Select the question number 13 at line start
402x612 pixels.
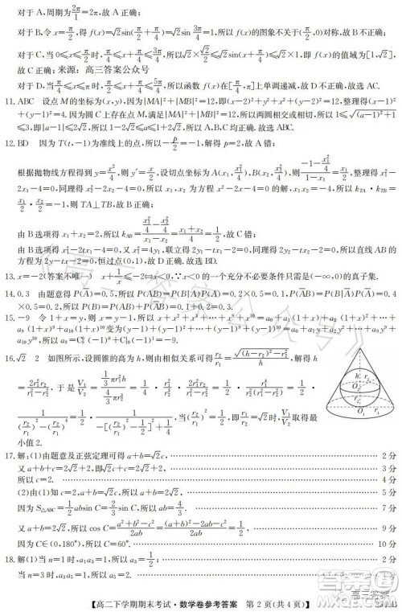pos(10,298)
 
